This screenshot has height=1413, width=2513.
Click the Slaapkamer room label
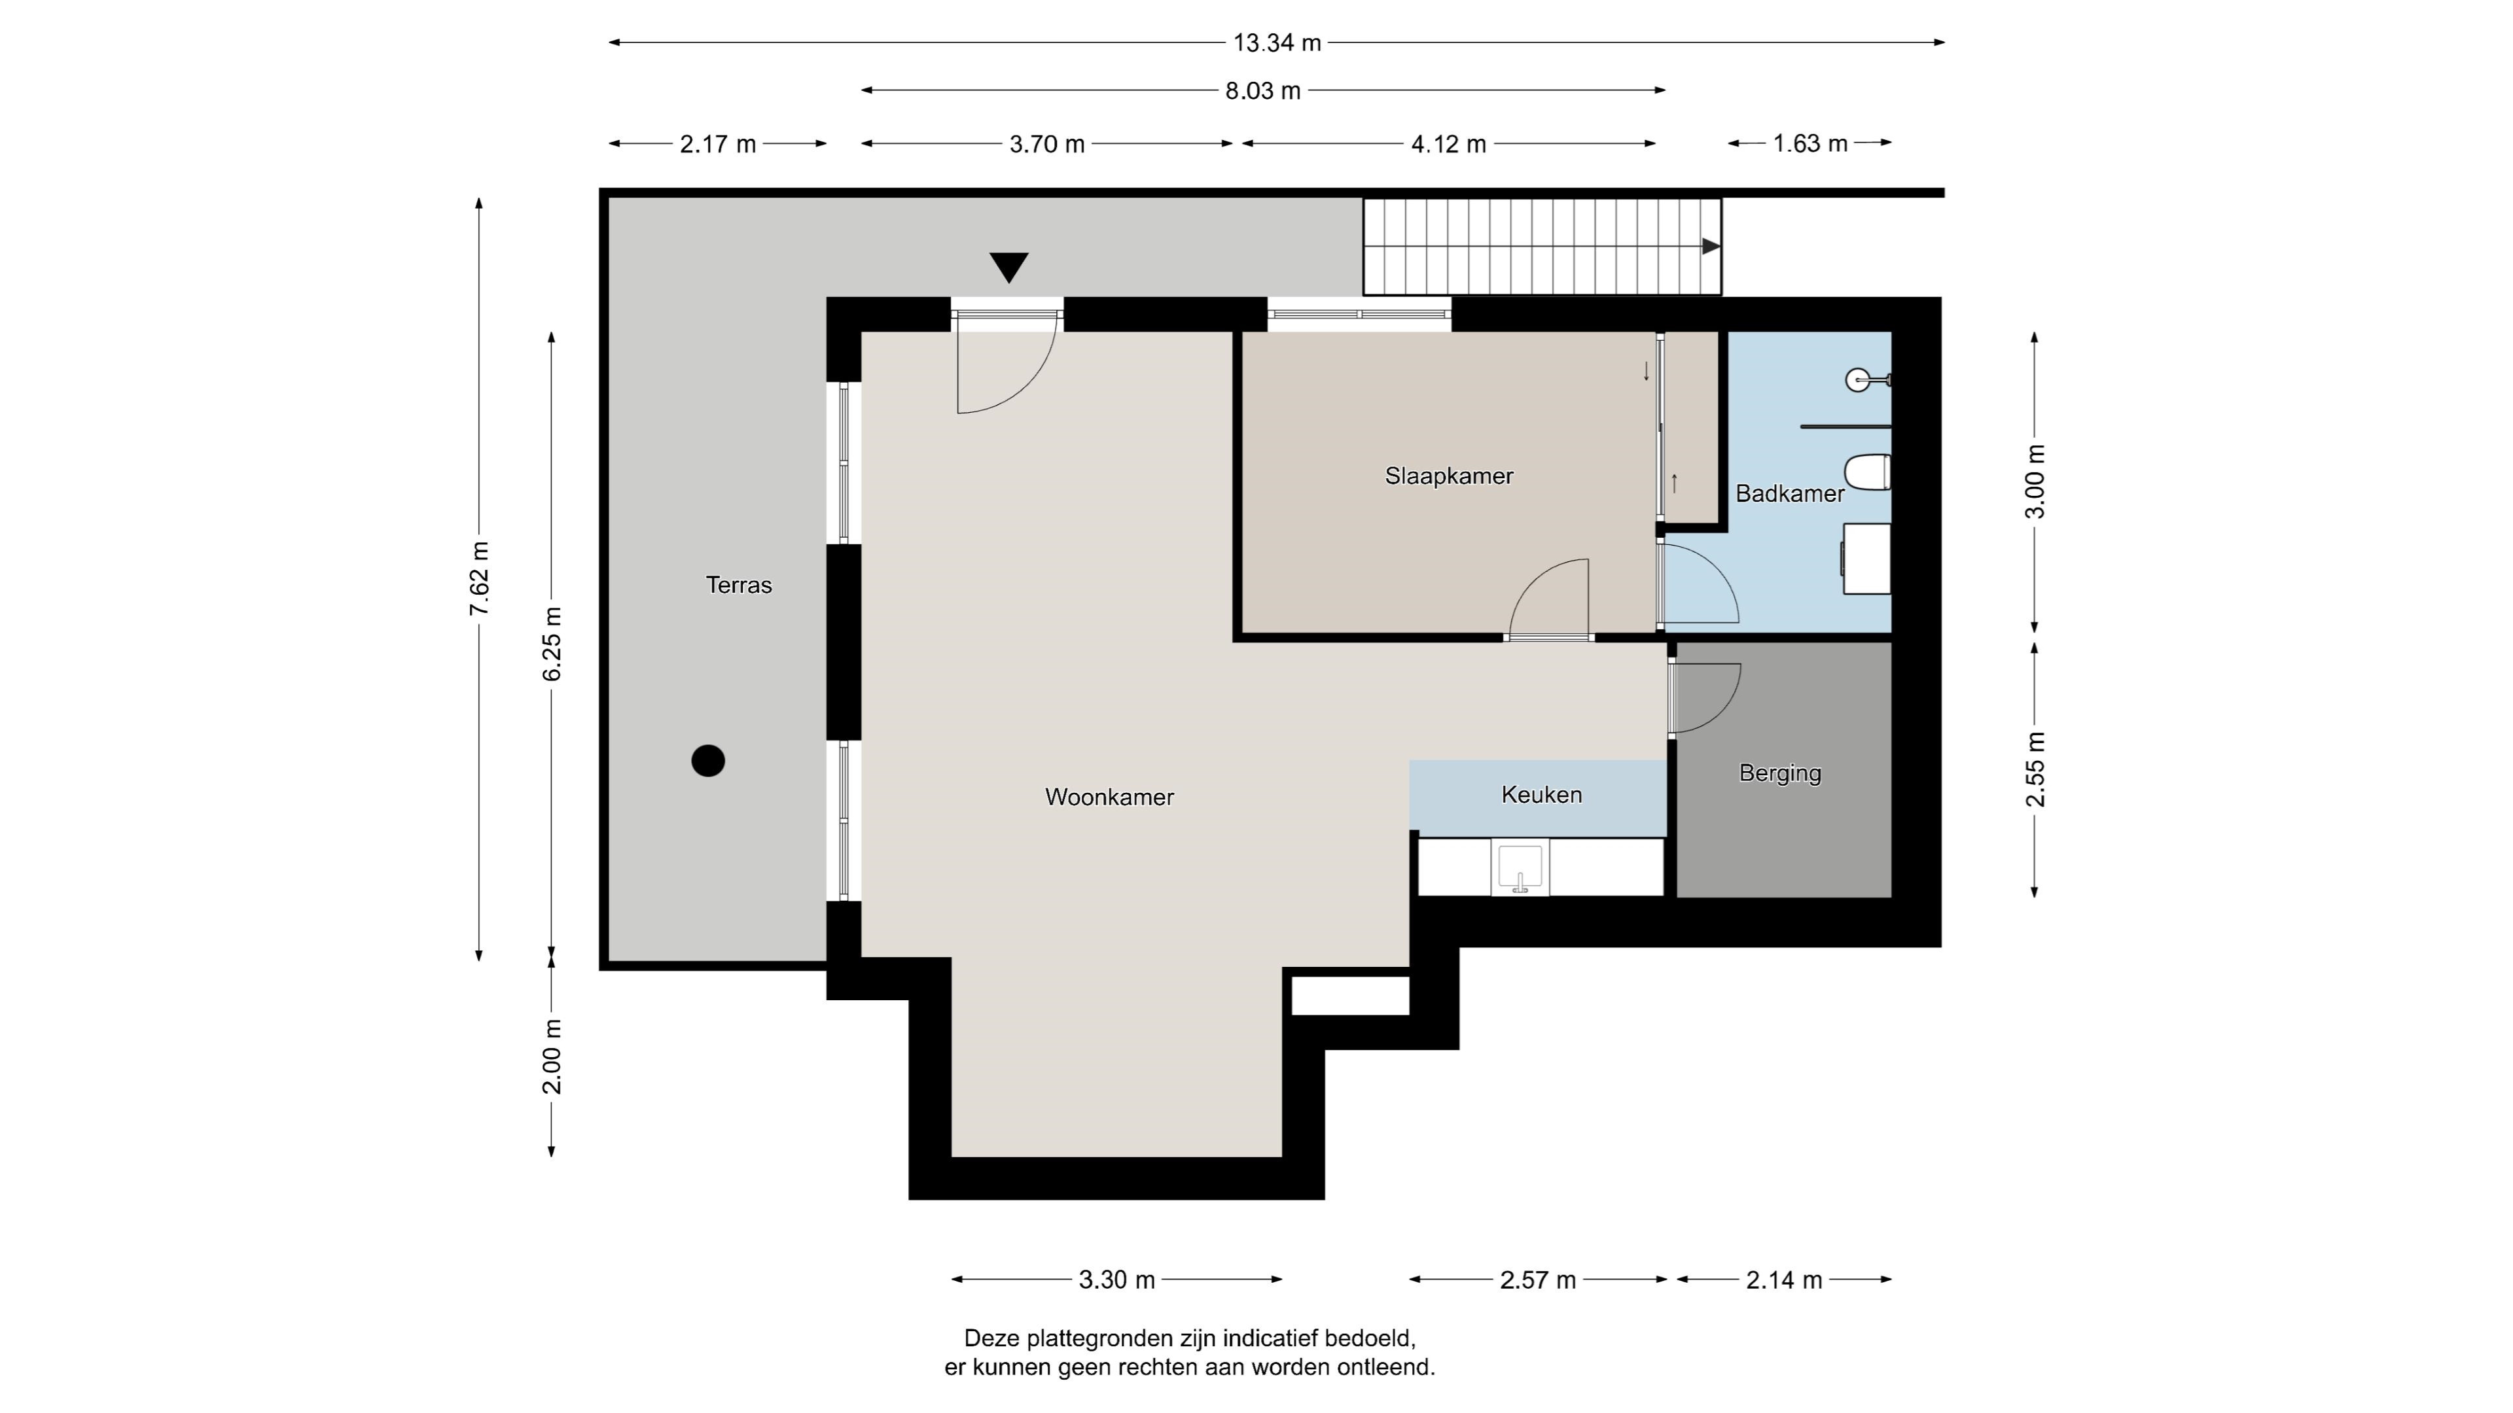coord(1449,476)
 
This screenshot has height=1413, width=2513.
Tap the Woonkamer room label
coord(1109,797)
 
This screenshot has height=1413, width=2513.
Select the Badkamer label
coord(1789,493)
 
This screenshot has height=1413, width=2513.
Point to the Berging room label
coord(1780,773)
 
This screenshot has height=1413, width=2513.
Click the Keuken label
coord(1541,795)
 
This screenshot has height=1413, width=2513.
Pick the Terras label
coord(738,585)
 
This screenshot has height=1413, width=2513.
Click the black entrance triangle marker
coord(1008,267)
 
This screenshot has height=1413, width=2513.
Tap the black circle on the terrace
coord(708,761)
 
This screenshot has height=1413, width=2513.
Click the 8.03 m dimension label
coord(1263,91)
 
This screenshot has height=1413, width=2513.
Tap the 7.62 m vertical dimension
coord(479,578)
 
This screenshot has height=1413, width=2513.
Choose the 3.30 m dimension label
coord(1117,1280)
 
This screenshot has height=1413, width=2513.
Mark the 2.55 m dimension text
coord(2036,769)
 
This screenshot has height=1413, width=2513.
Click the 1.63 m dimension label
coord(1809,143)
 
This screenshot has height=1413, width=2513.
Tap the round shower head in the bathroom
coord(1859,379)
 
